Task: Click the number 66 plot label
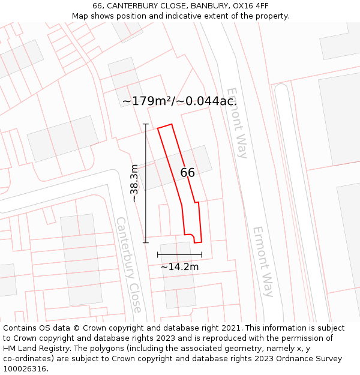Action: pos(187,173)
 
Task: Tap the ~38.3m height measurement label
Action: pos(134,183)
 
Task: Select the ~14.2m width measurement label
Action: pos(179,266)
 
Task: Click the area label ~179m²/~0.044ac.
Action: pos(179,101)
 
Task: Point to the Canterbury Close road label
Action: pos(129,265)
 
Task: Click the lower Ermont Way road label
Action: pos(263,262)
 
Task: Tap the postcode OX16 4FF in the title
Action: pos(250,6)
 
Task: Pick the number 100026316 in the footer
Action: pos(25,368)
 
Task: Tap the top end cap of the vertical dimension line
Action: pos(146,124)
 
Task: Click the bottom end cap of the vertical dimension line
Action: pos(146,242)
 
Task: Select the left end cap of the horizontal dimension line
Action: pos(158,255)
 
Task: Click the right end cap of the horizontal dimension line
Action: pos(202,255)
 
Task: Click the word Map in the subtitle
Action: pos(80,16)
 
